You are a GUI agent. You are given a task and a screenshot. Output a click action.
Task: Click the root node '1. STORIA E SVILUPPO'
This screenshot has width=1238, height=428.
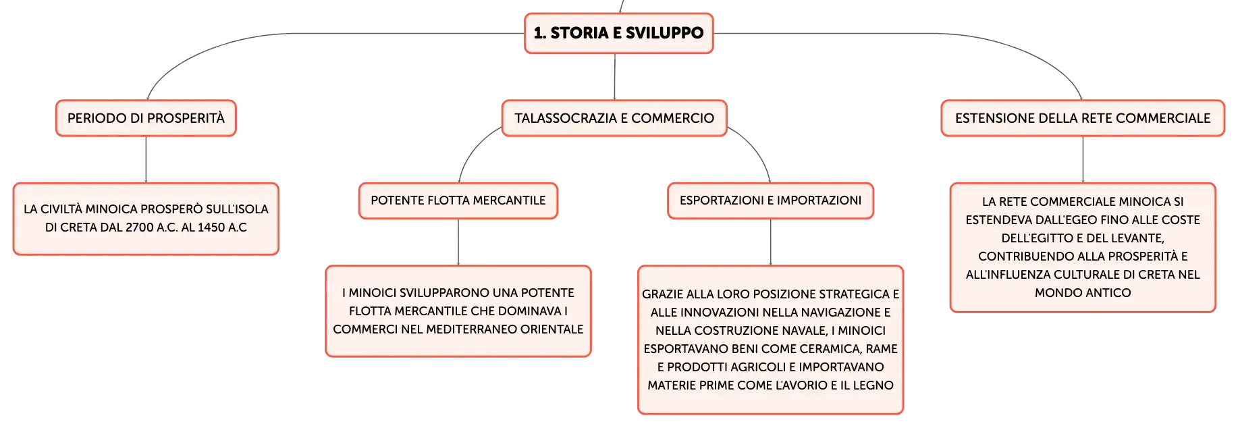click(x=618, y=33)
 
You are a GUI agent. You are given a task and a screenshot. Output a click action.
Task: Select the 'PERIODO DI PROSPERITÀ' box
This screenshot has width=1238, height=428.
click(x=146, y=118)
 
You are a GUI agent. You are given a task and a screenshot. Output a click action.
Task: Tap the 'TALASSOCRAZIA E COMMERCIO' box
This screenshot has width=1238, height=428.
click(x=614, y=118)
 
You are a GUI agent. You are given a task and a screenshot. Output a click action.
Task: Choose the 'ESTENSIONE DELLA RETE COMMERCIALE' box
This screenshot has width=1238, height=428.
click(x=1083, y=118)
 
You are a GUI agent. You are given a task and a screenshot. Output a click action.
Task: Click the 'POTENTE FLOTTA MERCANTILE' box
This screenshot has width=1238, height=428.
click(x=458, y=200)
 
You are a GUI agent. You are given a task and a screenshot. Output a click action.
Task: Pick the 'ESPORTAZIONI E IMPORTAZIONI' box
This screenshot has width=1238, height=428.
click(x=770, y=200)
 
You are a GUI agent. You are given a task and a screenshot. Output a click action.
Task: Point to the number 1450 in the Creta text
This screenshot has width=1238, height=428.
click(x=211, y=228)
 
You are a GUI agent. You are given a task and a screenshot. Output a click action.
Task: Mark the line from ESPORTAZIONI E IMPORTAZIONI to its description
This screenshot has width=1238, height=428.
click(x=770, y=242)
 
